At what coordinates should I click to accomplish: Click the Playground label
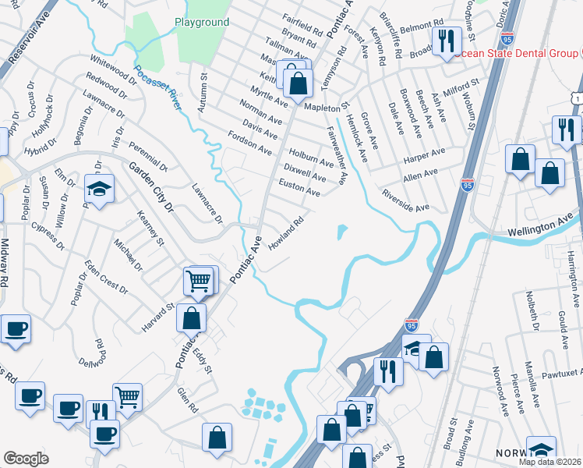click(202, 23)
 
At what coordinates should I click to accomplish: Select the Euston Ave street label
click(300, 187)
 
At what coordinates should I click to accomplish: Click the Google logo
click(26, 459)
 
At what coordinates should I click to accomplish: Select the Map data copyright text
click(549, 462)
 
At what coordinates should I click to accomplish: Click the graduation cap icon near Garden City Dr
click(99, 190)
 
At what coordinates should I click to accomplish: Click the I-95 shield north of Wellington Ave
click(468, 185)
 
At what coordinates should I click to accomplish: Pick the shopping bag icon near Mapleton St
click(298, 83)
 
